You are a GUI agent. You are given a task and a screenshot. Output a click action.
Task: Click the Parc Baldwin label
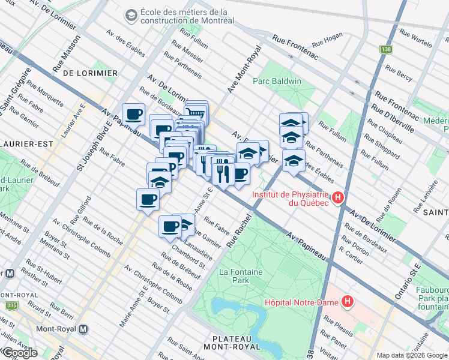277,81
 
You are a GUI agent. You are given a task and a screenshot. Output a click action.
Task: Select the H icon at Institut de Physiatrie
338,197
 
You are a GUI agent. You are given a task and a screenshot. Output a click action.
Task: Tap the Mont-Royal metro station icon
83,329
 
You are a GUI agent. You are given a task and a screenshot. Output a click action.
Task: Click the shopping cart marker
196,112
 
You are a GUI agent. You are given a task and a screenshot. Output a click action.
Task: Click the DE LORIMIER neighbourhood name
89,73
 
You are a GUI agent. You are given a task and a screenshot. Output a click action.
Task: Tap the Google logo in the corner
20,353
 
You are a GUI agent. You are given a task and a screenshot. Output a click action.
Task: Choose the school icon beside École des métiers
130,14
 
